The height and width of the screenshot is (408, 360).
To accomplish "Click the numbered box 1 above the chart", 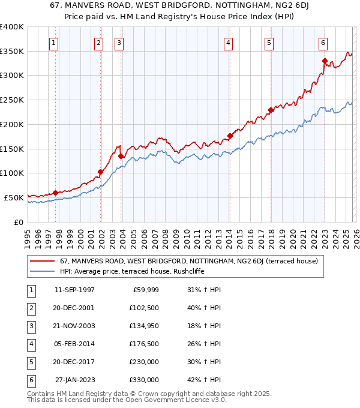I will click(x=54, y=43).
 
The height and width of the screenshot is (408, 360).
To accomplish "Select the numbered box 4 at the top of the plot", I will click(x=229, y=43).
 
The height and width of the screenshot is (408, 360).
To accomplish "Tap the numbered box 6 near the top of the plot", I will click(x=323, y=43).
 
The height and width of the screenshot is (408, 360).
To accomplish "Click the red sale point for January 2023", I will click(x=325, y=61).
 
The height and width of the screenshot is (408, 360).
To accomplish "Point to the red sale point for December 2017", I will click(x=271, y=110).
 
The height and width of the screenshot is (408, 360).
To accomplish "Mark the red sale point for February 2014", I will click(x=230, y=136).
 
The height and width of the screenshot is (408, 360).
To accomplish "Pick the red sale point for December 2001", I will click(x=100, y=172).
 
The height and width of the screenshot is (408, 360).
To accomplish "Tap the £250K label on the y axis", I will click(x=12, y=100).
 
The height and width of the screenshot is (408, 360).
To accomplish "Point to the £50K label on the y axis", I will click(x=14, y=197).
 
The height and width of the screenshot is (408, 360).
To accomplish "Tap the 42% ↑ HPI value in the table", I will click(x=205, y=380).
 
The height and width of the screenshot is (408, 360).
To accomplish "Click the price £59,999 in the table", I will click(x=145, y=290).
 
